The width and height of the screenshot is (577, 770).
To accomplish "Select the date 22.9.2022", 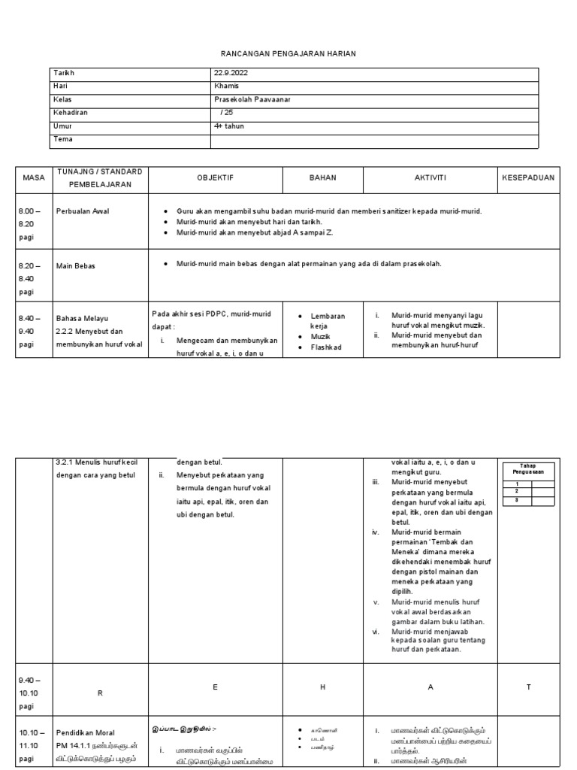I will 231,73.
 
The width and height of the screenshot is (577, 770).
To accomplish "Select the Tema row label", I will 63,140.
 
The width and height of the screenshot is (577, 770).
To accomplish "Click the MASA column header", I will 34,178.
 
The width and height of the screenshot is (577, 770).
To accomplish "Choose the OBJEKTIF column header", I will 215,178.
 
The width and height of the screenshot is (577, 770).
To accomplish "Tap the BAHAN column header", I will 323,178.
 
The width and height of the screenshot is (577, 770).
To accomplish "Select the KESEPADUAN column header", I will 528,178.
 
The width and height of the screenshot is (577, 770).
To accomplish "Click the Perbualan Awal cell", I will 83,211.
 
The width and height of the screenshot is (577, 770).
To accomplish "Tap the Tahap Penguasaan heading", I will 529,469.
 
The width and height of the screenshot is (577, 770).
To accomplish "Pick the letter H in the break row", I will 323,687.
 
